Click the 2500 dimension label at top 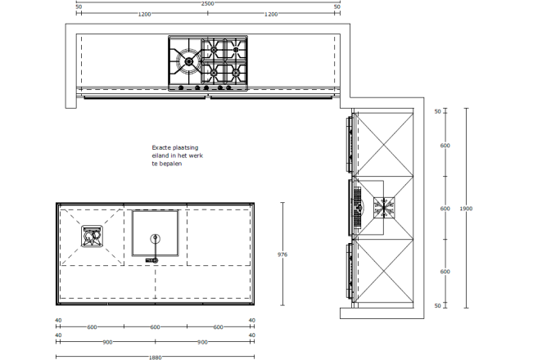pyautogui.click(x=207, y=4)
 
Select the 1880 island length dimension pyautogui.click(x=156, y=358)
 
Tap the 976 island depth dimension pyautogui.click(x=282, y=254)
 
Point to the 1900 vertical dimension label pyautogui.click(x=466, y=209)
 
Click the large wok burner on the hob pyautogui.click(x=189, y=61)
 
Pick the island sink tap pyautogui.click(x=155, y=249)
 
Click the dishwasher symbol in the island pyautogui.click(x=92, y=236)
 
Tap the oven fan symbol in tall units pyautogui.click(x=384, y=208)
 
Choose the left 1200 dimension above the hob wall pyautogui.click(x=144, y=14)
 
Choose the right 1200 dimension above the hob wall pyautogui.click(x=271, y=14)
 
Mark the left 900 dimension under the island pyautogui.click(x=107, y=342)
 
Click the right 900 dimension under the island pyautogui.click(x=202, y=342)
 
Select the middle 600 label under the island pyautogui.click(x=156, y=327)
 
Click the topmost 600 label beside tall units pyautogui.click(x=445, y=146)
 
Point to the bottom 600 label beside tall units pyautogui.click(x=445, y=272)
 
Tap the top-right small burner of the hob pyautogui.click(x=236, y=50)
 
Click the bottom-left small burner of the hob pyautogui.click(x=214, y=73)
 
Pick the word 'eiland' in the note pyautogui.click(x=160, y=155)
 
